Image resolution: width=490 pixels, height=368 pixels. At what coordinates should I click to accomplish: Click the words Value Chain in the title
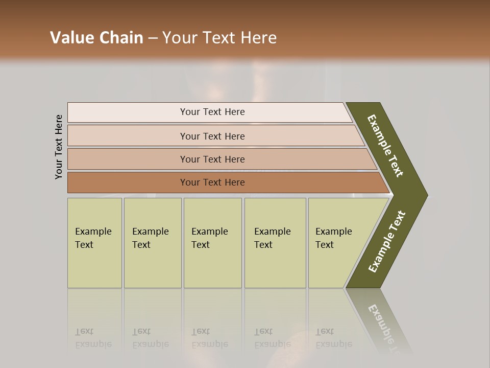pos(96,38)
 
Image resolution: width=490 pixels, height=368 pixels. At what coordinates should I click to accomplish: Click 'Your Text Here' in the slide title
pos(219,38)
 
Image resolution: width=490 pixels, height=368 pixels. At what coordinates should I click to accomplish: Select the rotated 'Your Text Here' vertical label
pos(59,147)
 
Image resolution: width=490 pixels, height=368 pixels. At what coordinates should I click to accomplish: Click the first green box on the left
pos(94,243)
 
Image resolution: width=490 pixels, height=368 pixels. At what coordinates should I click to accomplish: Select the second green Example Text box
pos(153,243)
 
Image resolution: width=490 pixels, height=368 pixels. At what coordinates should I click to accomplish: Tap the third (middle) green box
pos(212,243)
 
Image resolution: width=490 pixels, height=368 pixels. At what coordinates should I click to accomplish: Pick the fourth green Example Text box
pos(275,243)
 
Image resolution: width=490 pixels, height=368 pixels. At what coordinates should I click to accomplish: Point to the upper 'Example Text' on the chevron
pos(385,146)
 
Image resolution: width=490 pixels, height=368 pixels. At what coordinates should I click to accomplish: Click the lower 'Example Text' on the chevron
pos(387,242)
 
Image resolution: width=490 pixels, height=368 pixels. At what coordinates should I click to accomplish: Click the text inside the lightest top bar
pos(212,112)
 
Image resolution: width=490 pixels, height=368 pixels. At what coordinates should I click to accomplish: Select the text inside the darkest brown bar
pos(212,182)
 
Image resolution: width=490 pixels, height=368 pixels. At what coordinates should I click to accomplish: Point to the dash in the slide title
pos(153,38)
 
